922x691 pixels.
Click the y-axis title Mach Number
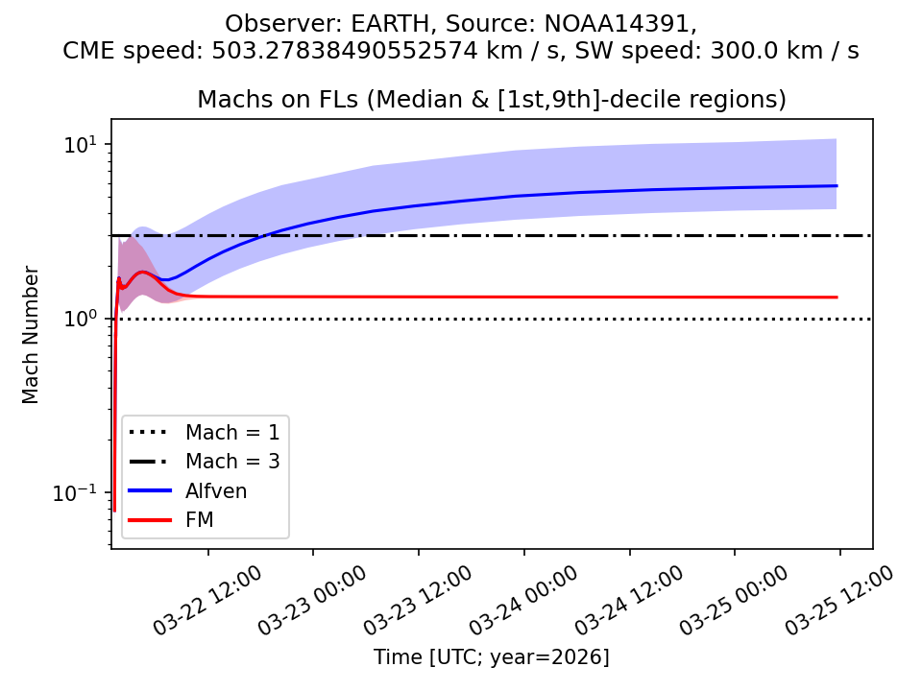click(x=32, y=335)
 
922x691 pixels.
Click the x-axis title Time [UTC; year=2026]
click(x=492, y=657)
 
